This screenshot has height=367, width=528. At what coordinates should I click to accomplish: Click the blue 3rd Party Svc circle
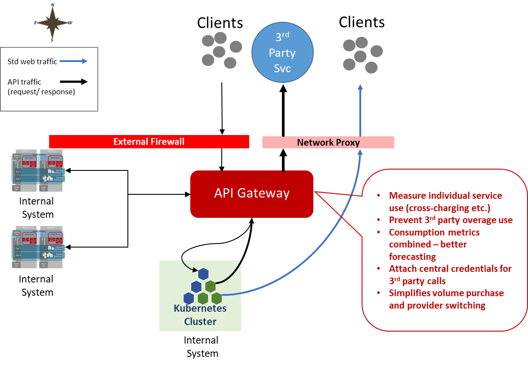(282, 52)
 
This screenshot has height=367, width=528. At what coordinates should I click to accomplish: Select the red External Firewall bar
(149, 142)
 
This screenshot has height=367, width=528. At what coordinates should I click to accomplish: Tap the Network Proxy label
(328, 143)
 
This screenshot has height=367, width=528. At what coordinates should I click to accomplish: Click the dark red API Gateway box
(251, 194)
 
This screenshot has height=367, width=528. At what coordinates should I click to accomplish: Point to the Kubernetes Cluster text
(200, 315)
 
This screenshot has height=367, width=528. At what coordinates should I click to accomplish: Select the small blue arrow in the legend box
(73, 61)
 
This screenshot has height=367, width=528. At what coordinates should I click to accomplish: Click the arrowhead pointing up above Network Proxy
(360, 87)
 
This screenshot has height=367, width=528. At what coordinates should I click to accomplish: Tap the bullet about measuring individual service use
(445, 201)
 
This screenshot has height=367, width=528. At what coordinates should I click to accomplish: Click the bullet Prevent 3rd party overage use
(451, 220)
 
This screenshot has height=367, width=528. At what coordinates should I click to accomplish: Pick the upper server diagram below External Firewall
(38, 170)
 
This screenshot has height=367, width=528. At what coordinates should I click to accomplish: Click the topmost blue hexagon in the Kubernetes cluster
(203, 274)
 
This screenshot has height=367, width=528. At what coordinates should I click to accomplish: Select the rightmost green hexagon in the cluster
(216, 298)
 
